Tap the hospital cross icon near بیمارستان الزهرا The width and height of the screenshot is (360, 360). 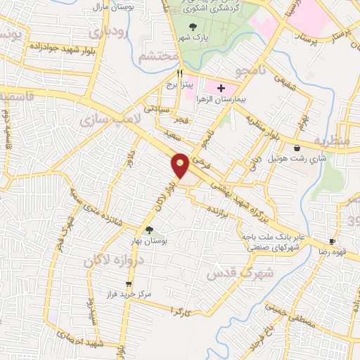click(221, 89)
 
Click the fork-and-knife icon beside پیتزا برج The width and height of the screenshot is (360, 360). click(181, 72)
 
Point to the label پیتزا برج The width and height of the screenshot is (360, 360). click(180, 84)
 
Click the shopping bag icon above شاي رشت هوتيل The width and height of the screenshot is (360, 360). click(297, 148)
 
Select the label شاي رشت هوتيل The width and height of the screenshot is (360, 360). click(295, 160)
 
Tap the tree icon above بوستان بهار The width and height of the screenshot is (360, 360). click(148, 230)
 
